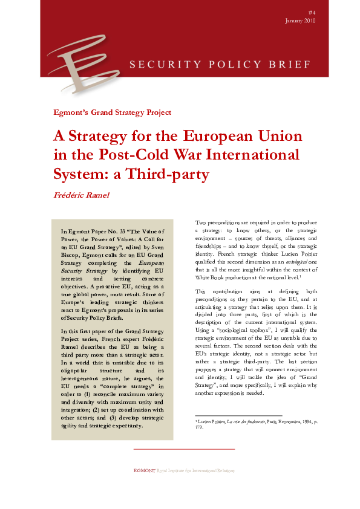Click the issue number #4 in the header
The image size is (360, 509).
tap(312, 12)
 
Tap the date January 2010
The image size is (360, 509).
tap(300, 21)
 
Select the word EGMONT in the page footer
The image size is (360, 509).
tap(144, 470)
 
